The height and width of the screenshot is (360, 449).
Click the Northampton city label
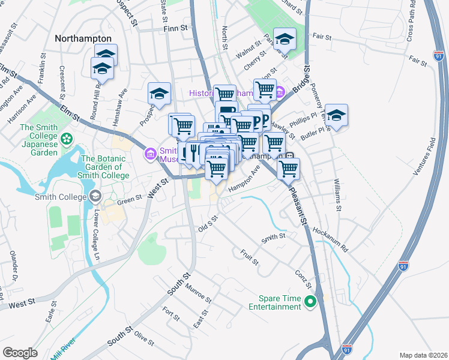pyautogui.click(x=83, y=38)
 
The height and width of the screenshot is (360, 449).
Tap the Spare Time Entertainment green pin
pyautogui.click(x=310, y=302)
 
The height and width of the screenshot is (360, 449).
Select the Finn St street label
pyautogui.click(x=175, y=28)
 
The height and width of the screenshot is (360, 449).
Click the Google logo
pyautogui.click(x=20, y=352)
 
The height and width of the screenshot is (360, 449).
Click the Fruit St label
pyautogui.click(x=249, y=257)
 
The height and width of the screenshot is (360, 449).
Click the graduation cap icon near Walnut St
pyautogui.click(x=285, y=39)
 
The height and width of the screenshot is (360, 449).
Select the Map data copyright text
pyautogui.click(x=423, y=355)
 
